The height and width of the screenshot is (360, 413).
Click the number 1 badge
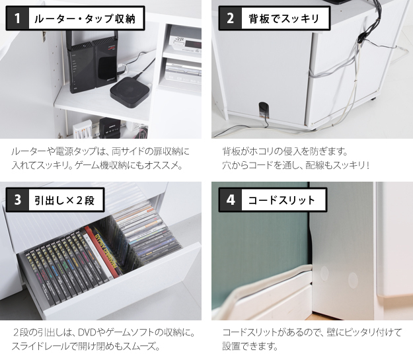coord(17,18)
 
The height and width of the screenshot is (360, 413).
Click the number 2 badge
coord(230,18)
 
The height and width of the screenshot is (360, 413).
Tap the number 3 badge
coord(17,200)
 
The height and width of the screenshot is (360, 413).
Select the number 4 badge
coord(230,200)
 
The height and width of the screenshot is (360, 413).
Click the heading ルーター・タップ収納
coord(85,18)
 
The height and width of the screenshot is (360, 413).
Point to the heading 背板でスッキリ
coord(284,18)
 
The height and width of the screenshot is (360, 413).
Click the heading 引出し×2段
coord(65,200)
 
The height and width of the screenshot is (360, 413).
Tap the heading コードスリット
coord(282,200)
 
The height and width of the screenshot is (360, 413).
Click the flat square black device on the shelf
coord(130,92)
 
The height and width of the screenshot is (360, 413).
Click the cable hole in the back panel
coord(264,109)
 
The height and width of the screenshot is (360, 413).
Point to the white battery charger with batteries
coord(83,129)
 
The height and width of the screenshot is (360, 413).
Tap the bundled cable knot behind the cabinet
coord(361,38)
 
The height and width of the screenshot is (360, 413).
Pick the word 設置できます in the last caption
coord(250,346)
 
